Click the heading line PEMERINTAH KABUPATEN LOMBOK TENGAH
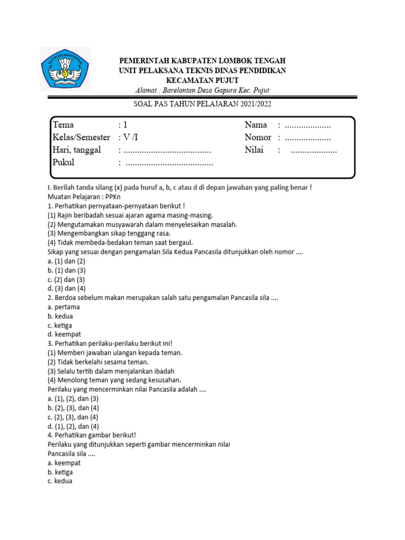[203, 61]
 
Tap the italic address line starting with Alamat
[202, 90]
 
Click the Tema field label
[63, 125]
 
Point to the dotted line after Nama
[307, 126]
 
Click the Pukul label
[64, 162]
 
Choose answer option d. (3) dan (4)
[66, 288]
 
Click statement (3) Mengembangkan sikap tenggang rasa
[109, 233]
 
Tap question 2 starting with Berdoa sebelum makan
[162, 297]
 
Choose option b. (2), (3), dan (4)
[73, 408]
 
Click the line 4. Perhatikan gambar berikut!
[92, 435]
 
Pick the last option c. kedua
[60, 481]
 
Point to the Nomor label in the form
[258, 138]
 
